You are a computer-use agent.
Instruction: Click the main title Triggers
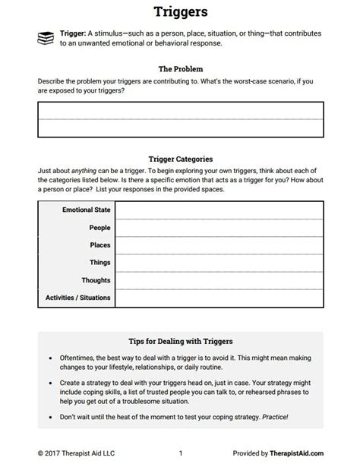click(179, 11)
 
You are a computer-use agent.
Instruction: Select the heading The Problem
click(180, 68)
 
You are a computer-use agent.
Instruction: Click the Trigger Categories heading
click(180, 160)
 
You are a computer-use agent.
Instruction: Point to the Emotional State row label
click(86, 209)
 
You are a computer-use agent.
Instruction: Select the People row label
click(99, 227)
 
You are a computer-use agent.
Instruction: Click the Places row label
click(99, 245)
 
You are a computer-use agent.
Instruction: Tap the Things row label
click(99, 262)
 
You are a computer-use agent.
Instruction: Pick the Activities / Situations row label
click(78, 297)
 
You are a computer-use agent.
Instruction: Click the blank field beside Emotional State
click(219, 209)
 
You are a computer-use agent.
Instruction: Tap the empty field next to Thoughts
click(219, 279)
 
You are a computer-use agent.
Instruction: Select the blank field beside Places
click(219, 245)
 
